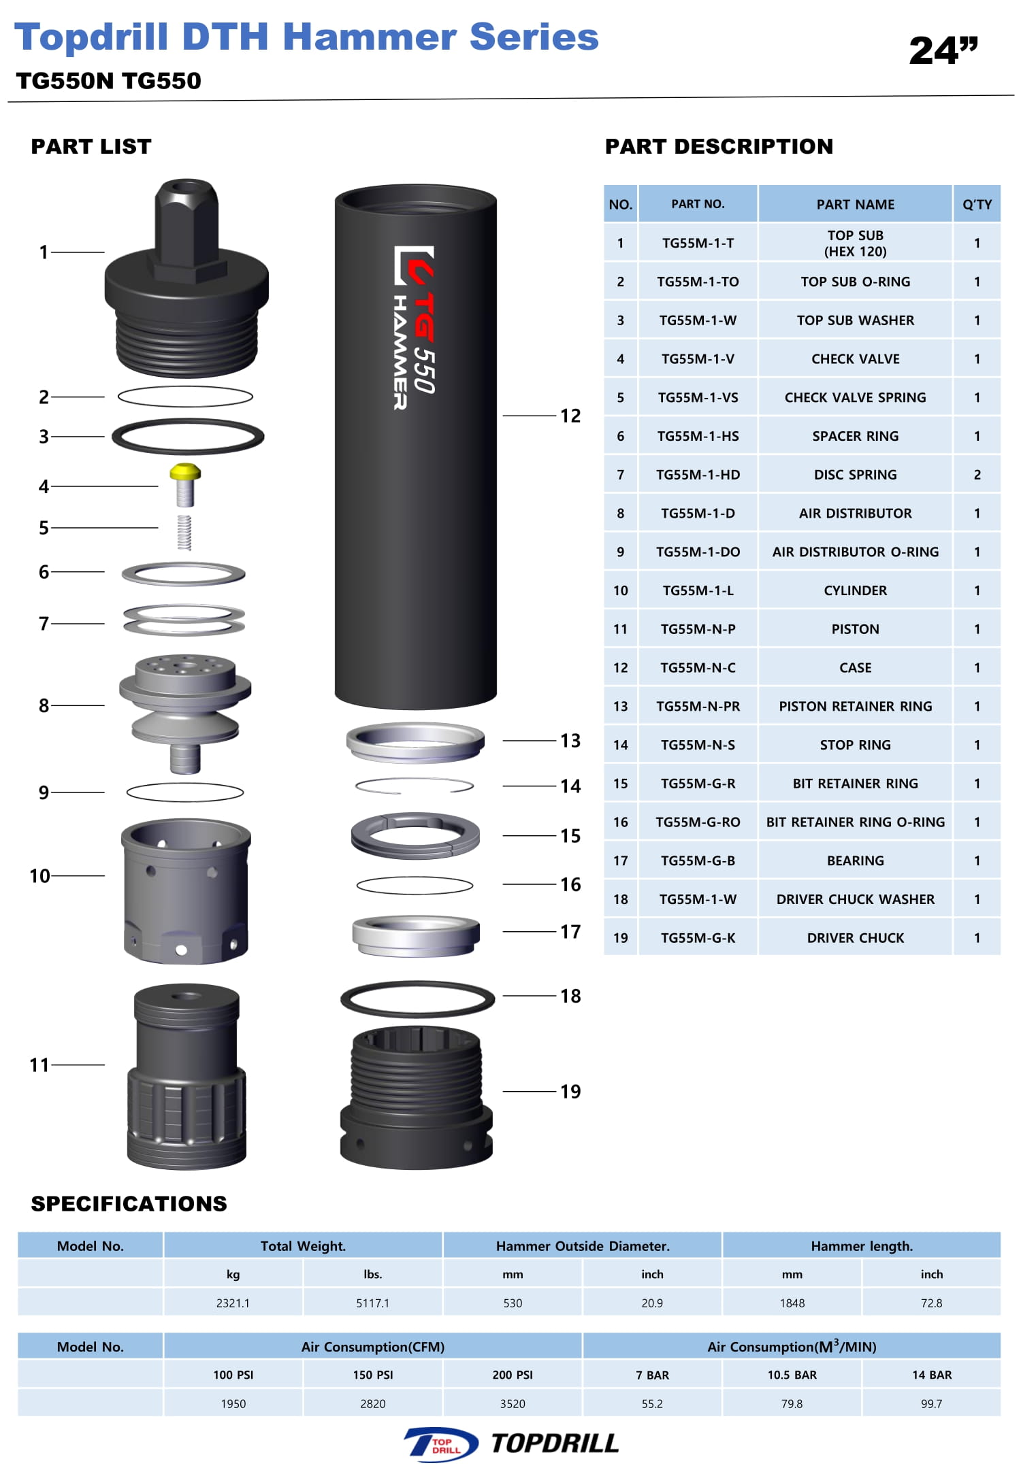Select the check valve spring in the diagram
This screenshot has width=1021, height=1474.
point(184,533)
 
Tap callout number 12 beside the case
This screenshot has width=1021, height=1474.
point(570,416)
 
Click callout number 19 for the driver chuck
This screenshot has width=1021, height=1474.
point(570,1092)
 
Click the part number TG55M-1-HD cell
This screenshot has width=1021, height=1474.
point(698,475)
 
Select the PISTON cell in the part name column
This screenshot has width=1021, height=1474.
point(855,629)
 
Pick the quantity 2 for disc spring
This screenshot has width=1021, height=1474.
point(977,475)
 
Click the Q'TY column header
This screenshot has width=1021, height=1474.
point(977,204)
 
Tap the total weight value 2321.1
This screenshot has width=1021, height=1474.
point(233,1303)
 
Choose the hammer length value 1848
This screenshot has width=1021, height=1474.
point(792,1303)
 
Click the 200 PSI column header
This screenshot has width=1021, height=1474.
point(513,1375)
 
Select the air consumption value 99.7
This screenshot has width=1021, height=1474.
point(931,1403)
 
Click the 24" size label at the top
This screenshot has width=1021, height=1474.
point(943,51)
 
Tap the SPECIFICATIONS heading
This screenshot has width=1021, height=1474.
point(129,1203)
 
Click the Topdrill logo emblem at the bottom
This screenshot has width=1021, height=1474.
point(441,1444)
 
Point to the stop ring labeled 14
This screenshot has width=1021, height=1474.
point(415,786)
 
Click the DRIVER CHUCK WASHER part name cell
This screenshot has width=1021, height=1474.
point(855,899)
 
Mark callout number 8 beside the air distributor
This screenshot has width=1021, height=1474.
point(44,705)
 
